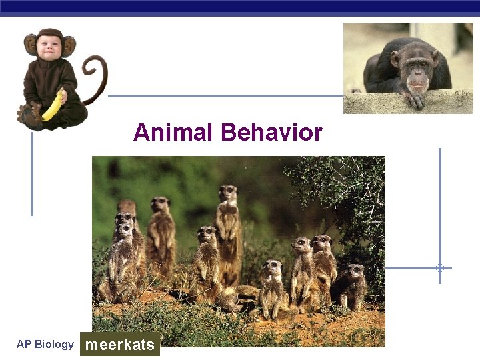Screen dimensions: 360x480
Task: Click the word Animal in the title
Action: click(x=174, y=133)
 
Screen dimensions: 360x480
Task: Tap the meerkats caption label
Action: click(x=120, y=345)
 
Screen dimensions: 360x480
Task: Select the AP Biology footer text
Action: click(x=45, y=345)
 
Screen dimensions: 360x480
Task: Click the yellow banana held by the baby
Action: click(x=53, y=107)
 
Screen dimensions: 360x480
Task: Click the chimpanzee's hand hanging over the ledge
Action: click(x=412, y=98)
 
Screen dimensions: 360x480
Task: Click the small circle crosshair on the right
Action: click(x=440, y=268)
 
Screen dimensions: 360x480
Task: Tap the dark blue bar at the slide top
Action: click(x=240, y=7)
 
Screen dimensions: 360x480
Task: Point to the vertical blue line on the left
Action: click(x=32, y=173)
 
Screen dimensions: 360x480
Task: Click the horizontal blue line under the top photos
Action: click(x=227, y=95)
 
